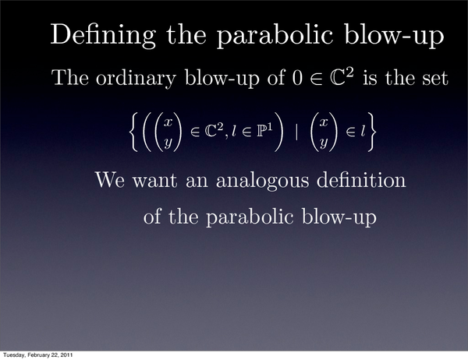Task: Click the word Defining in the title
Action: (x=103, y=36)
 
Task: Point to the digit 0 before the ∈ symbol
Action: (x=296, y=78)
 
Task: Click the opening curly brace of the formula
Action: (x=134, y=132)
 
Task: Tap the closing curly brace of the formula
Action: (x=370, y=132)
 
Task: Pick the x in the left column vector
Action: (x=168, y=122)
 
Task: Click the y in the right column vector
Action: (x=324, y=143)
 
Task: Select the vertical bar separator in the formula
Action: (x=296, y=132)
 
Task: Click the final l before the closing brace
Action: (x=363, y=131)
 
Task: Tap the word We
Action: (x=109, y=179)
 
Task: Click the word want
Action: (x=154, y=181)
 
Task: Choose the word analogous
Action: (x=263, y=181)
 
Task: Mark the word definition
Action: (x=361, y=179)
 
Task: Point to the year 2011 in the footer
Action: (x=67, y=355)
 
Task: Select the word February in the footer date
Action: (x=35, y=355)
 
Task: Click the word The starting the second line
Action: (x=70, y=78)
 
